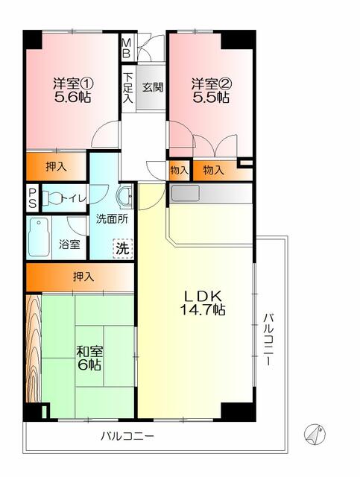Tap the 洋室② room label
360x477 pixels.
(210, 89)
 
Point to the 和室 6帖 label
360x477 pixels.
(89, 357)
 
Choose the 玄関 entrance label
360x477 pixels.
(153, 86)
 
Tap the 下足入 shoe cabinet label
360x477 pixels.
(128, 86)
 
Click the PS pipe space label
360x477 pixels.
(32, 199)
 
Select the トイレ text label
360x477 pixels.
(74, 198)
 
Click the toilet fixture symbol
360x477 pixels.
(50, 198)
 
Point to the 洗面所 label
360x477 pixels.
(111, 220)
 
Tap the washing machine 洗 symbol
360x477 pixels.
(121, 248)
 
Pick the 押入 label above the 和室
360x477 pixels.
(83, 277)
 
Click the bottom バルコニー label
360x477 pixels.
(128, 436)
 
